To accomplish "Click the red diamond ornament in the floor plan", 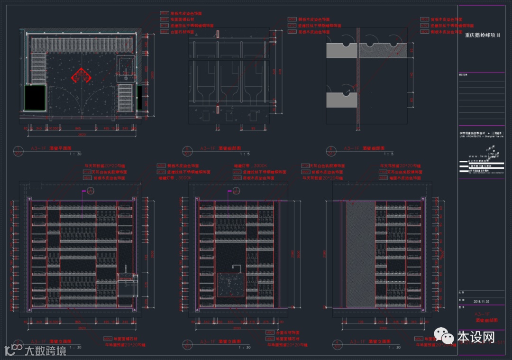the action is click(x=81, y=75).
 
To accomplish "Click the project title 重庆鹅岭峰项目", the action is click(x=482, y=35).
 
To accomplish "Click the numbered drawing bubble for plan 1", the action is click(x=18, y=150).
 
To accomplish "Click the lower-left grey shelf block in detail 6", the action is click(x=341, y=100).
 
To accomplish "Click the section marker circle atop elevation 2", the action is click(x=91, y=191).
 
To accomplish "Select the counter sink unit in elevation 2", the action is click(x=127, y=285).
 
